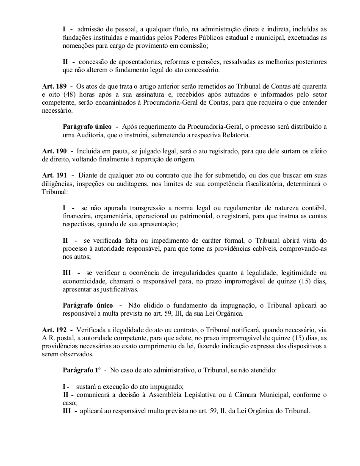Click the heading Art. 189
coord(54,86)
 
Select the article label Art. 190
coord(54,151)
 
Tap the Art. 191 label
coord(54,175)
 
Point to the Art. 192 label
coord(54,330)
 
